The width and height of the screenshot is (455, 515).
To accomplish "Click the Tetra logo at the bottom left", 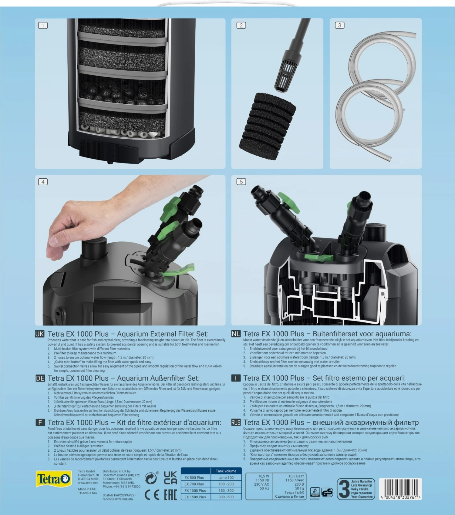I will click(x=53, y=479).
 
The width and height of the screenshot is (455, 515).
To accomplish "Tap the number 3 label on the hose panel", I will click(x=339, y=25).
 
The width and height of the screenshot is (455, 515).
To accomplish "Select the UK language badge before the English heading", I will click(x=39, y=334).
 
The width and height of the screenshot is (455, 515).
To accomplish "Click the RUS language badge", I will click(x=236, y=422).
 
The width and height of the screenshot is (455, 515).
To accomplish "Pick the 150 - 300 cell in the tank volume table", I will click(x=226, y=490).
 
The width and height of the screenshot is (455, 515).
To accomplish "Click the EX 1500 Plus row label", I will click(x=195, y=497).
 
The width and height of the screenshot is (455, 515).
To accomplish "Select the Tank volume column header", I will click(x=226, y=471).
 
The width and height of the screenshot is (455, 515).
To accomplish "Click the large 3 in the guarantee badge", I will click(x=344, y=489).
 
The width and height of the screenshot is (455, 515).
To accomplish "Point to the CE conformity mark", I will click(x=152, y=495).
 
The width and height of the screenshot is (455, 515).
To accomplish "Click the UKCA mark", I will click(x=170, y=478).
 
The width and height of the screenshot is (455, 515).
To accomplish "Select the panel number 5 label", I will click(x=241, y=182).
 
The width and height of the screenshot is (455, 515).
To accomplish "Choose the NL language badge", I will click(x=236, y=334).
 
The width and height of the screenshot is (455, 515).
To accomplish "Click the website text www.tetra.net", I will click(x=88, y=483).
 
